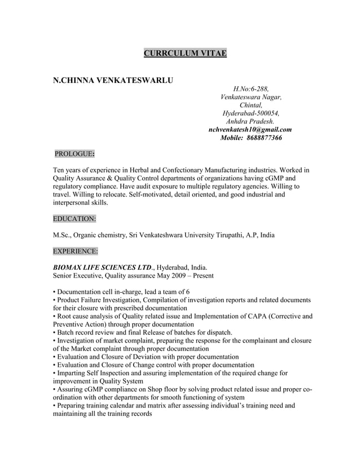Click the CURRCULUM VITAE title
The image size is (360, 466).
click(185, 54)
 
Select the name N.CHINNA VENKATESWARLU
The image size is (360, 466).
click(112, 81)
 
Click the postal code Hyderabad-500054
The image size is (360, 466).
click(251, 113)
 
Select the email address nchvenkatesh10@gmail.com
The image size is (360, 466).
click(250, 130)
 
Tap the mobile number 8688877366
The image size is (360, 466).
click(259, 138)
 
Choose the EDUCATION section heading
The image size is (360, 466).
click(74, 218)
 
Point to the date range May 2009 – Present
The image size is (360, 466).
click(186, 276)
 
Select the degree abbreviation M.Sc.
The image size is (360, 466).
click(62, 235)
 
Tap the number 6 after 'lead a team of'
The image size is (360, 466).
click(179, 292)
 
